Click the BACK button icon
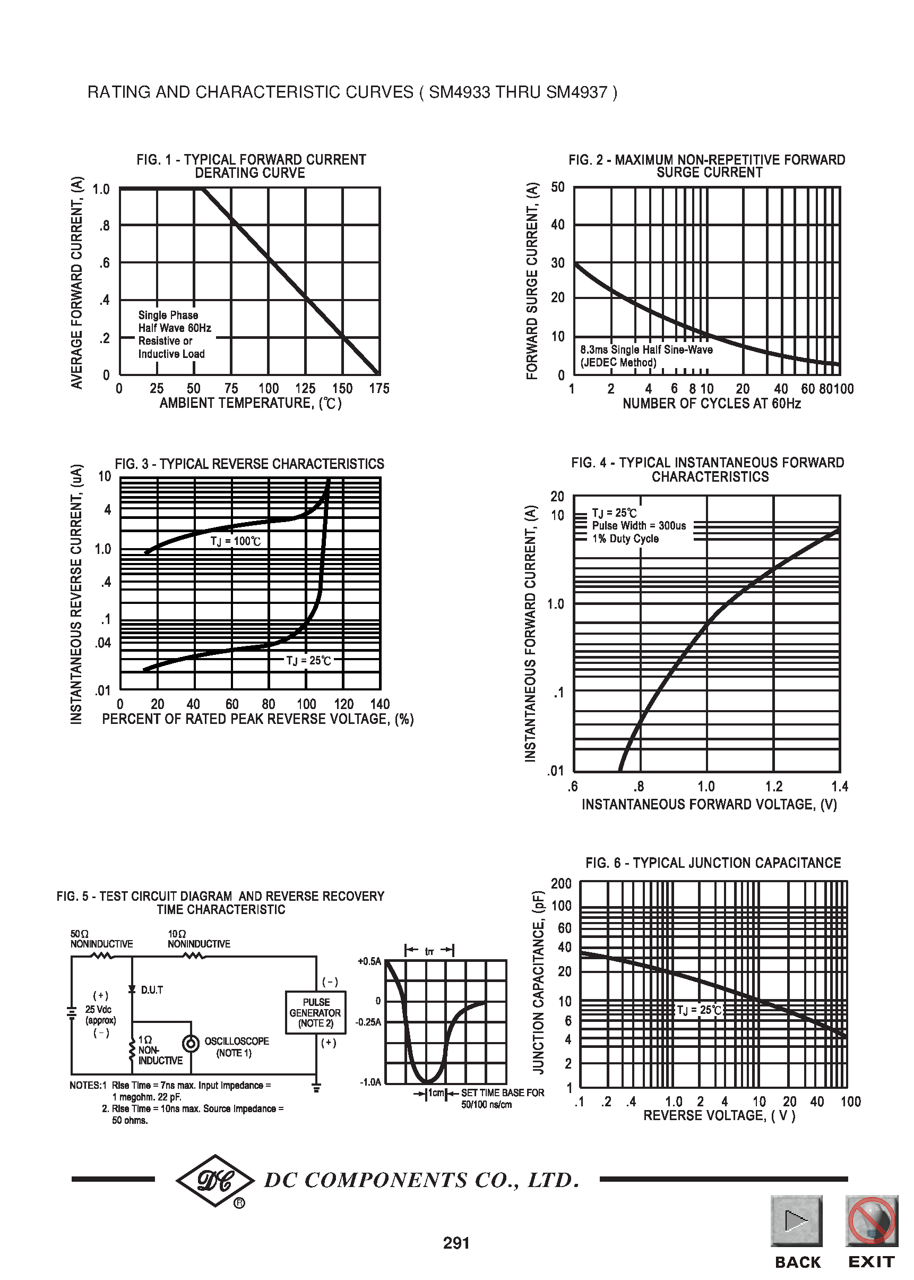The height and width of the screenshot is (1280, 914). tap(796, 1221)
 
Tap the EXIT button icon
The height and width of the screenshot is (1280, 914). tap(870, 1221)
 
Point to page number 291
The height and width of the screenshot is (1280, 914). tap(456, 1243)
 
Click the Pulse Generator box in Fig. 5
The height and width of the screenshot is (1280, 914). tap(315, 1012)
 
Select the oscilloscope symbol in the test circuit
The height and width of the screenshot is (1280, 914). tap(192, 1044)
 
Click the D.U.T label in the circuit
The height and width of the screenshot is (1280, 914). tap(151, 990)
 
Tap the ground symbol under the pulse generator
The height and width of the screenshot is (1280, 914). tap(316, 1087)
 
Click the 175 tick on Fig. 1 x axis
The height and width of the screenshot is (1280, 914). tap(379, 389)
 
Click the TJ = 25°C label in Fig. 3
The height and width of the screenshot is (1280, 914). tap(308, 661)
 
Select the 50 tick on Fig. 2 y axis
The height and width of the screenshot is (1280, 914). tap(557, 187)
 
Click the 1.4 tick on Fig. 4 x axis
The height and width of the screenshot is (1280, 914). tap(839, 786)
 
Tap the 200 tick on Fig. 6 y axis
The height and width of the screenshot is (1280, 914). tap(561, 883)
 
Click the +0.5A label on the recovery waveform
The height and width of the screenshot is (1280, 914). tap(369, 961)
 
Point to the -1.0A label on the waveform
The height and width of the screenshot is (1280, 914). tap(370, 1082)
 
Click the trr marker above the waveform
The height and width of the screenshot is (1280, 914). tap(429, 951)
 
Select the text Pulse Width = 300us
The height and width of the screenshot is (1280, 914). tap(639, 525)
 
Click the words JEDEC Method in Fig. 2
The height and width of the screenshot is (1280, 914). tap(618, 363)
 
